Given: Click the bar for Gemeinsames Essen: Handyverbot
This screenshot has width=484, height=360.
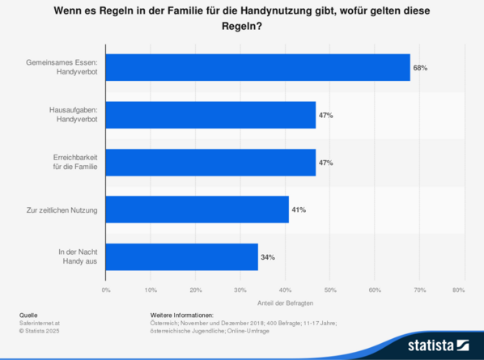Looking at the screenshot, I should (258, 68).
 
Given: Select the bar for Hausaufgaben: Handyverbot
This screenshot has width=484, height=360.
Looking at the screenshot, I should (210, 116).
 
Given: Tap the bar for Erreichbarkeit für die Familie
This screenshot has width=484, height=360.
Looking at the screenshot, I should (210, 163).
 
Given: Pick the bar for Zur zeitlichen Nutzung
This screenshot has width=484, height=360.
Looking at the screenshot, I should (197, 210).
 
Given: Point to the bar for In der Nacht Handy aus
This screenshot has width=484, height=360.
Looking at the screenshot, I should (182, 257).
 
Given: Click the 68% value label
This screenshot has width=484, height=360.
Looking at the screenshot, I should (420, 68).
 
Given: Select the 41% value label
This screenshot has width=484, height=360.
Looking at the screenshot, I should (299, 210).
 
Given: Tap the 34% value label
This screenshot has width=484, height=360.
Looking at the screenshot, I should (268, 257).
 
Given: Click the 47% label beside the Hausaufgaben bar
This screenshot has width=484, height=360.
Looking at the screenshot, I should (325, 116).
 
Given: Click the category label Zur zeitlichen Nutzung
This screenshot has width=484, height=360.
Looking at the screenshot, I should (62, 210).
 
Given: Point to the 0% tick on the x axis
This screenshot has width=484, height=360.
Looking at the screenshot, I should (106, 289).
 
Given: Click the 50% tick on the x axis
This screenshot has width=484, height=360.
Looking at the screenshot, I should (330, 289).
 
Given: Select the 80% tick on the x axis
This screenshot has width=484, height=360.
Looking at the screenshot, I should (458, 289).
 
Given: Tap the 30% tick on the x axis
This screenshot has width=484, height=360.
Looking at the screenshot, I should (240, 289).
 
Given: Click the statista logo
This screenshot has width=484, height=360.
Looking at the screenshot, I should (438, 343).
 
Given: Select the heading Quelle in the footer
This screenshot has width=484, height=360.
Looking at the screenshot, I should (28, 314).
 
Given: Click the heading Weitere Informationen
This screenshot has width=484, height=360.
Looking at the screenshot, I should (181, 314).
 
